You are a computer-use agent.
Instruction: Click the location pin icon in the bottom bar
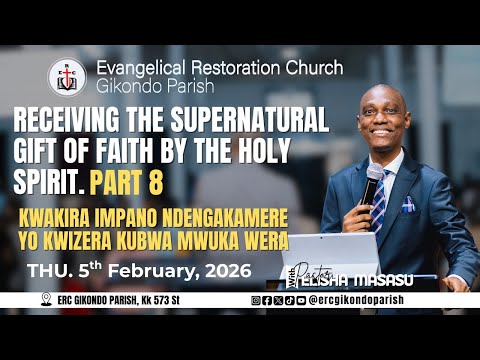(x=45, y=299)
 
